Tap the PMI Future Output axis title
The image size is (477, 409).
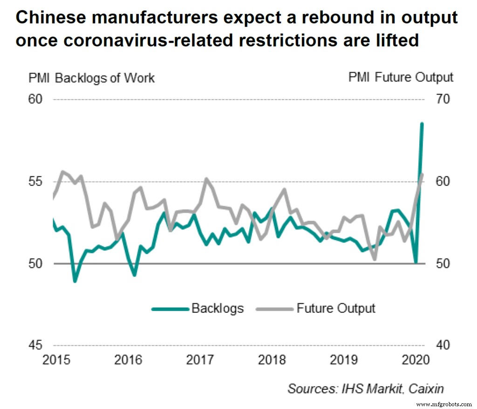click(401, 78)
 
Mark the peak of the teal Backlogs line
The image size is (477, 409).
click(422, 124)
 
